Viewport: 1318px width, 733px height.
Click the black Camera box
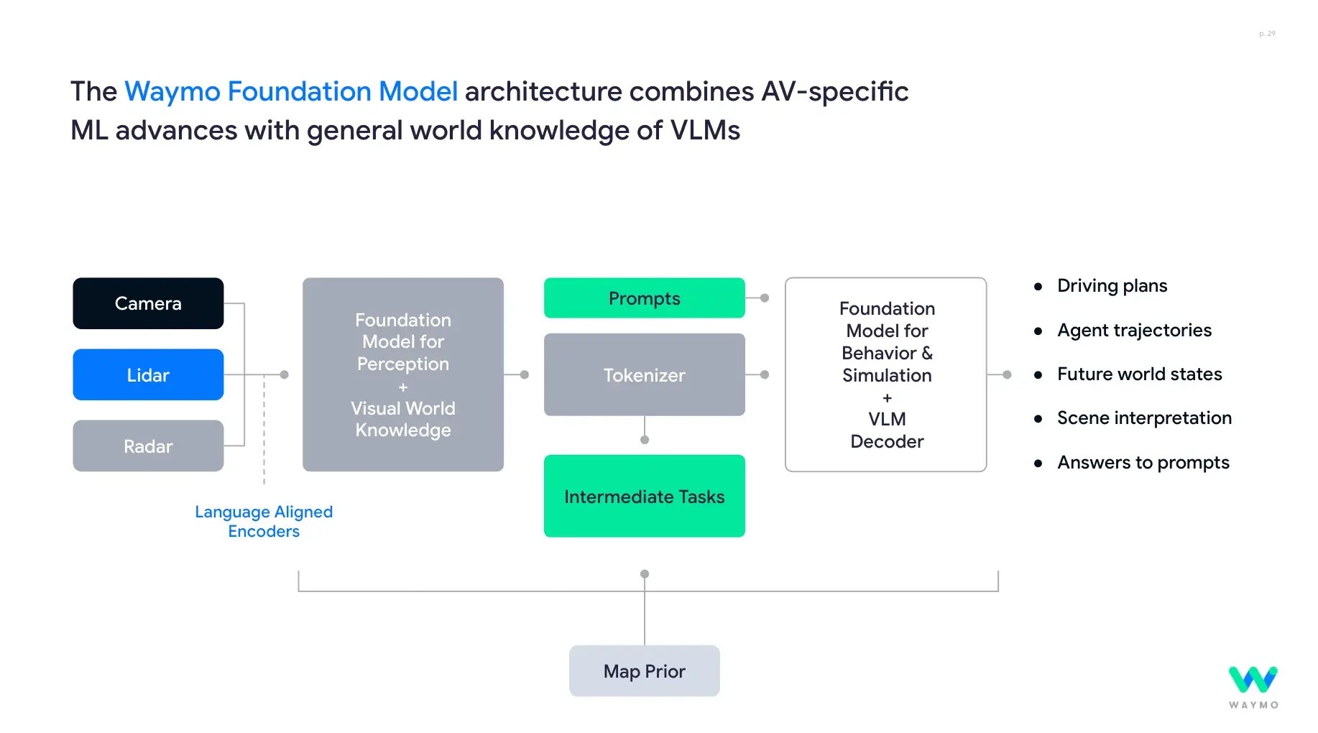click(x=148, y=303)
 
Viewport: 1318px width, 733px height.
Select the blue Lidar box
click(x=148, y=374)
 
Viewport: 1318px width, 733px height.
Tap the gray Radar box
click(x=148, y=446)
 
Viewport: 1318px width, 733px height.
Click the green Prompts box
click(x=644, y=298)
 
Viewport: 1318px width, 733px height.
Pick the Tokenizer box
click(x=644, y=374)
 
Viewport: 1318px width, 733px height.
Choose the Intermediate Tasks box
click(x=644, y=496)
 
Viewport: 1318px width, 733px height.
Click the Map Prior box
click(x=644, y=670)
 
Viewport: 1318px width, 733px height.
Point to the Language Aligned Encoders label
click(x=264, y=521)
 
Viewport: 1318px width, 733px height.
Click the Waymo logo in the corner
click(x=1253, y=686)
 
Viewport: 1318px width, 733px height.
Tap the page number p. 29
click(x=1267, y=34)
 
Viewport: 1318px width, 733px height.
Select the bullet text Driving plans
click(x=1112, y=286)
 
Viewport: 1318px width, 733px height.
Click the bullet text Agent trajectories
click(x=1134, y=330)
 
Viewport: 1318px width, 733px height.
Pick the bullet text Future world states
click(x=1139, y=374)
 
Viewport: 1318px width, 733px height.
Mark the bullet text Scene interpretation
click(x=1144, y=418)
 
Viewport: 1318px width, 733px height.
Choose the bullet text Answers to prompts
click(x=1143, y=462)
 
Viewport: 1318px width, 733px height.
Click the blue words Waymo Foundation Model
click(x=291, y=91)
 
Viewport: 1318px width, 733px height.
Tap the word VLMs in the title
click(x=705, y=130)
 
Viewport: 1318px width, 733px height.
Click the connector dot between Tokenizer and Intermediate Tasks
click(x=645, y=439)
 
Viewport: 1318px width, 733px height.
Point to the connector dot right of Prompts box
click(x=765, y=298)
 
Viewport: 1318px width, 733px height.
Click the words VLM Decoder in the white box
click(x=887, y=430)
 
